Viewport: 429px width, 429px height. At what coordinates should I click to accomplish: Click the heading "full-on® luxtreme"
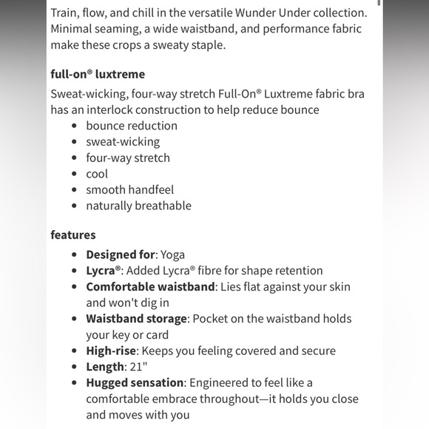click(x=98, y=74)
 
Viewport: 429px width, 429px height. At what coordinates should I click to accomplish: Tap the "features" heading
click(x=73, y=235)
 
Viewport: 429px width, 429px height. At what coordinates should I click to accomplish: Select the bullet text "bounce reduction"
click(x=132, y=126)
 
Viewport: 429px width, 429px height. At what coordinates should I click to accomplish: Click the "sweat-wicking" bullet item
click(x=123, y=142)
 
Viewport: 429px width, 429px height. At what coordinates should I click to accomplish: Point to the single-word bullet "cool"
click(x=97, y=174)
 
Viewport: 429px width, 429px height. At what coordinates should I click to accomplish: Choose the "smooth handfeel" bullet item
click(x=130, y=190)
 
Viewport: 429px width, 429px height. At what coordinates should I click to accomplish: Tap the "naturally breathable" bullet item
click(x=138, y=206)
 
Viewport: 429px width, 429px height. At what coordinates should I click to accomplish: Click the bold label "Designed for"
click(x=121, y=254)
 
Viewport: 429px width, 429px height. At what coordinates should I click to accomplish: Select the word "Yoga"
click(x=172, y=254)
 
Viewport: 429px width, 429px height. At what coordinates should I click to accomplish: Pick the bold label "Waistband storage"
click(x=136, y=319)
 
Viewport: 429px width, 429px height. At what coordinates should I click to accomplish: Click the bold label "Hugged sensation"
click(x=135, y=383)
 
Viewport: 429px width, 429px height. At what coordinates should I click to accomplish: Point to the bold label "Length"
click(x=105, y=367)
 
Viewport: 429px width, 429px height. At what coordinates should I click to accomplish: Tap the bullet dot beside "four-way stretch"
click(x=75, y=158)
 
